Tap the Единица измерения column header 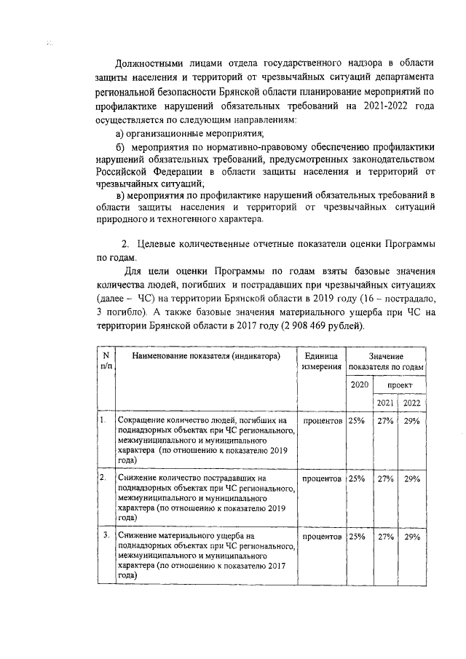point(321,360)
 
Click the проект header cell point(399,384)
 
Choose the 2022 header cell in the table point(412,403)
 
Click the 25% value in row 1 point(357,421)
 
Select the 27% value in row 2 point(385,478)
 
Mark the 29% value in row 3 point(412,537)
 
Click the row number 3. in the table point(106,537)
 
